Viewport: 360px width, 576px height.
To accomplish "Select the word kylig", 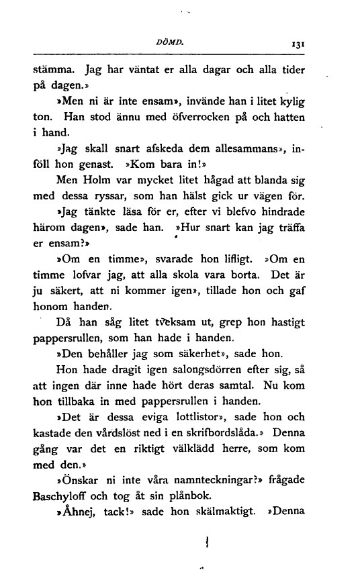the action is [291, 102].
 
